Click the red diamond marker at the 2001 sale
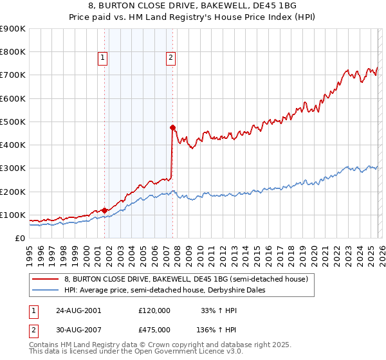[104, 210]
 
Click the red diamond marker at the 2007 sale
[172, 127]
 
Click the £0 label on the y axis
[19, 238]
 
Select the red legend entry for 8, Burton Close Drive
[187, 279]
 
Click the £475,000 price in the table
[154, 329]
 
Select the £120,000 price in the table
[154, 310]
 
